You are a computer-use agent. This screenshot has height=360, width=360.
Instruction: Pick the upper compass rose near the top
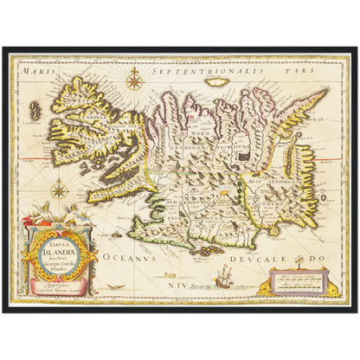pyautogui.click(x=134, y=82)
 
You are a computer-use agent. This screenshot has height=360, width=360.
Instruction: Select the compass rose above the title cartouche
pyautogui.click(x=58, y=186)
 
